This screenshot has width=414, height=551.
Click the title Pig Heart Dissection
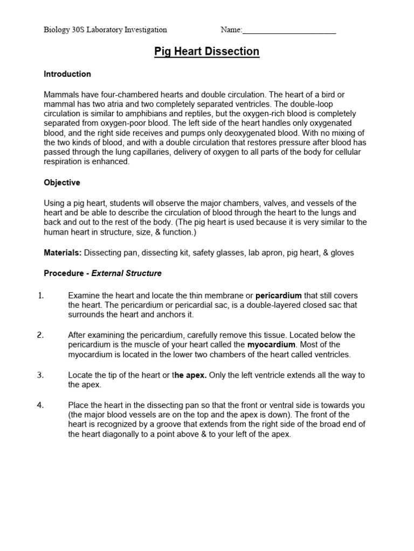[x=207, y=52]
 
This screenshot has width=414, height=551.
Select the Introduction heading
[x=67, y=74]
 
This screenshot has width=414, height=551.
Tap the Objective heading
[x=62, y=183]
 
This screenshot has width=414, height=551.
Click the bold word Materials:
[x=63, y=253]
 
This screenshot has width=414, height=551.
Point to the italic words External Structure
[x=127, y=273]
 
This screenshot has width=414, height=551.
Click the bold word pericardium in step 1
[x=278, y=296]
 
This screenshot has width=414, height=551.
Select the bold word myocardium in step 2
[x=271, y=344]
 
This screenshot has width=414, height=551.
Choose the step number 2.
[x=40, y=335]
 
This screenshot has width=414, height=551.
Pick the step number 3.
[x=40, y=375]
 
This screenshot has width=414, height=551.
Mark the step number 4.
[x=40, y=405]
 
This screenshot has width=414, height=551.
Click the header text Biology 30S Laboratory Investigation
[x=105, y=30]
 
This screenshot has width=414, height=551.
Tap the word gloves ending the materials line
[x=342, y=253]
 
